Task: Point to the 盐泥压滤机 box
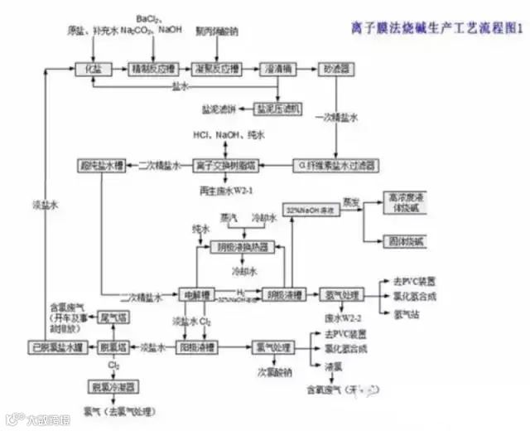[x=279, y=108]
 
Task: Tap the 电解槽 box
[x=196, y=294]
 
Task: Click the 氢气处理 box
[x=340, y=294]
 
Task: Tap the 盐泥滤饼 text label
[x=219, y=108]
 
